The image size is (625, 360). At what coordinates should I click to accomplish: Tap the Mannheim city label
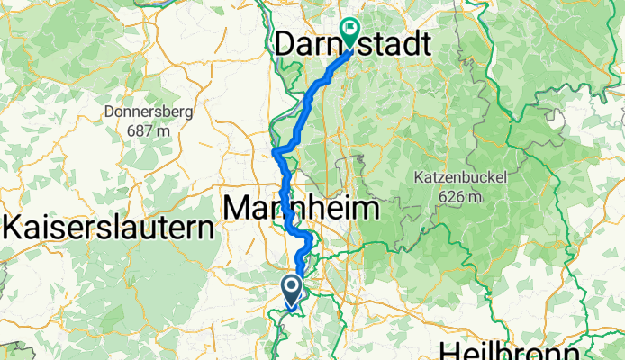click(x=301, y=209)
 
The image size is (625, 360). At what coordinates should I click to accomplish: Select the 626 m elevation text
click(x=459, y=196)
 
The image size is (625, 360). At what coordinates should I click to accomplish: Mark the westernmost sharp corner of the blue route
click(x=274, y=152)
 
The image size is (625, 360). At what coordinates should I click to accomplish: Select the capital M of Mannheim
click(x=237, y=209)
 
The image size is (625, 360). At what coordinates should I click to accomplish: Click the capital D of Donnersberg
click(x=109, y=112)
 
